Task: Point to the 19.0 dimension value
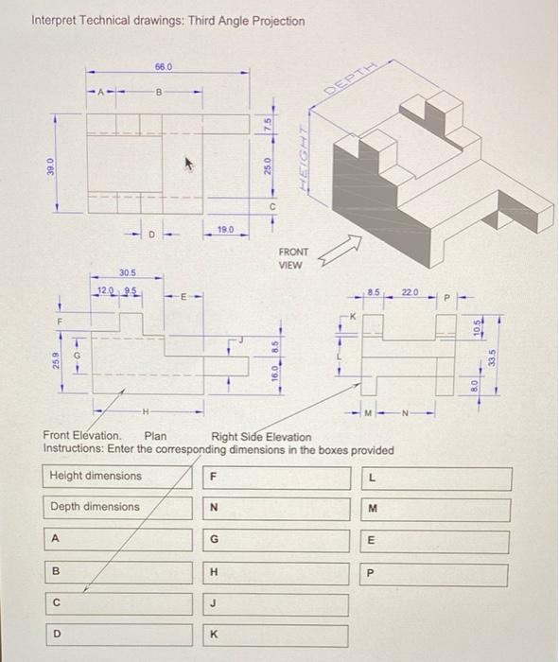226,229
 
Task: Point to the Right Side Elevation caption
261,436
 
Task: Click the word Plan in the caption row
154,436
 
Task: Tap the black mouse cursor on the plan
189,163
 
